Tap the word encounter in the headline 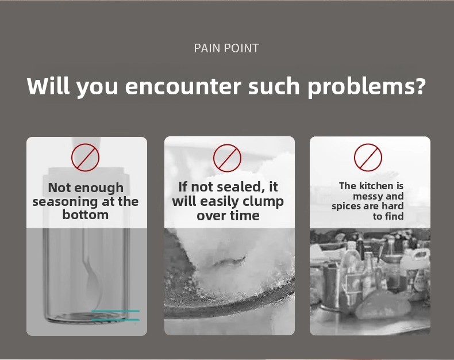(x=183, y=86)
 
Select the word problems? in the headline (x=367, y=86)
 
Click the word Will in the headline (x=49, y=86)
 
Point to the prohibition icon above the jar (x=86, y=158)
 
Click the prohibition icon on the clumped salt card (x=228, y=158)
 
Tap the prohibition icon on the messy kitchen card (x=368, y=158)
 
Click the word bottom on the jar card (x=86, y=215)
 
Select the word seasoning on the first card (x=65, y=202)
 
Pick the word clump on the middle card (x=263, y=202)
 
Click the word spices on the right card (x=347, y=206)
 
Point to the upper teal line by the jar (x=116, y=311)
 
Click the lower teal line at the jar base (x=116, y=320)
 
